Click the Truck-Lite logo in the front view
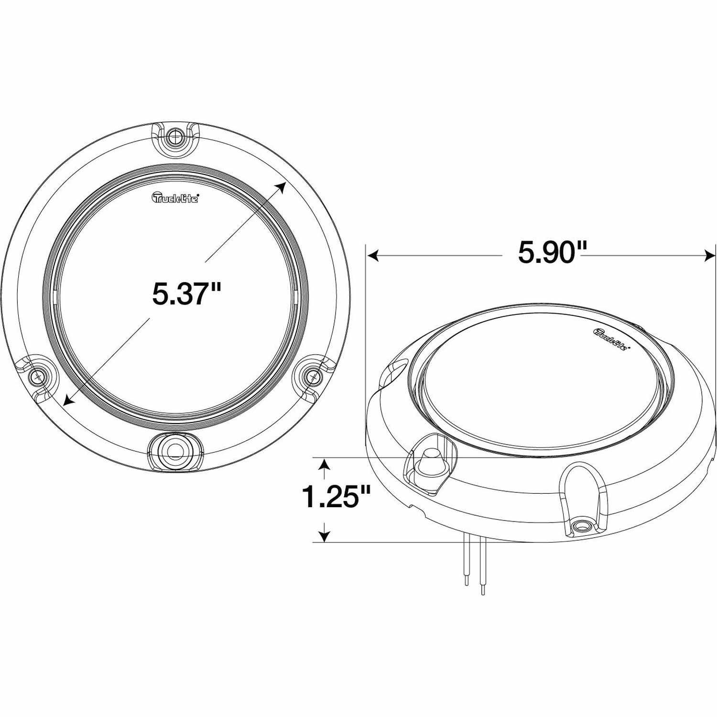tap(175, 198)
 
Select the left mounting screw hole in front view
tap(36, 377)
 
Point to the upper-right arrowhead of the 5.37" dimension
tap(282, 186)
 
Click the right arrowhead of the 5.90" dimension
tap(710, 257)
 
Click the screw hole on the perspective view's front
tap(581, 527)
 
